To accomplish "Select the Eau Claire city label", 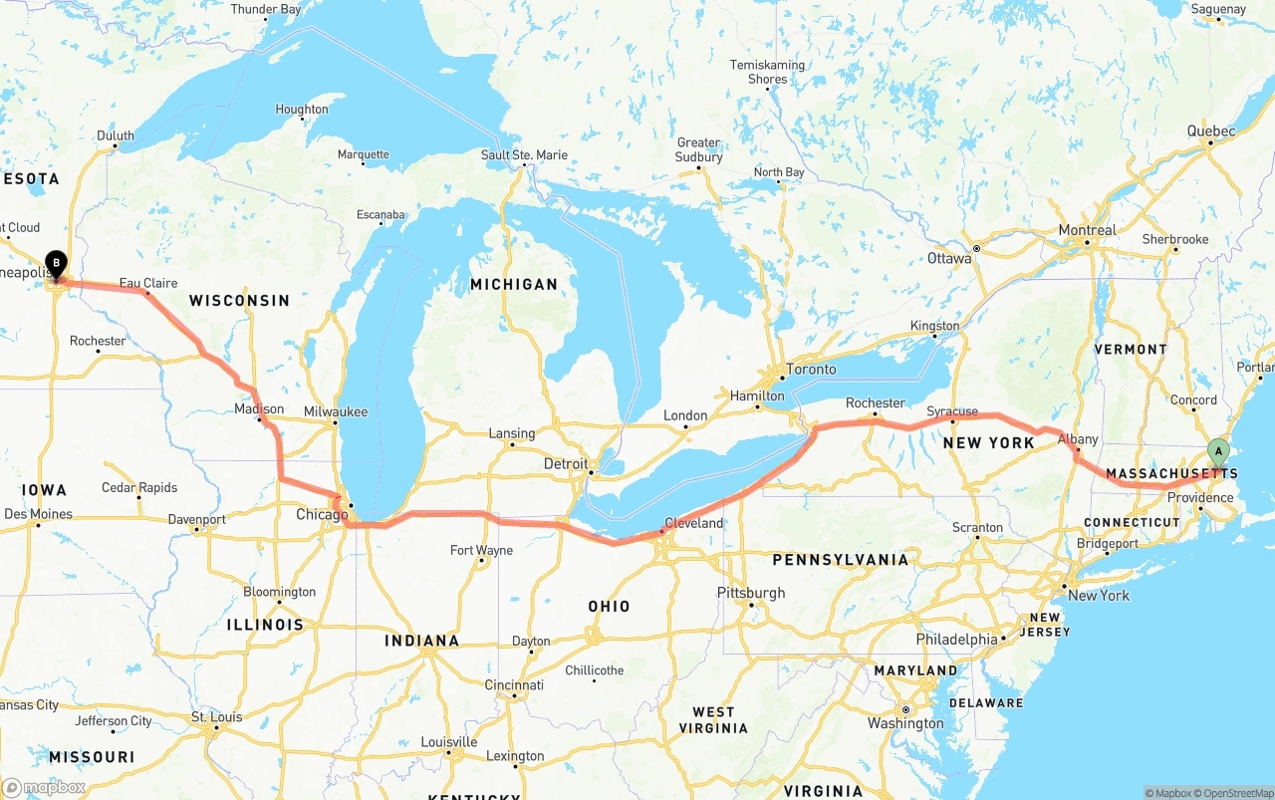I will tap(148, 283).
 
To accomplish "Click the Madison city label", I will tap(259, 408).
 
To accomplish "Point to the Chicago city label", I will tap(322, 515).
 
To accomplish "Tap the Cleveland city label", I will tap(693, 523).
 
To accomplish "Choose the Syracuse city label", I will tap(951, 411).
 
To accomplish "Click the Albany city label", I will tap(1078, 439).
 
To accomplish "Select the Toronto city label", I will tap(811, 369).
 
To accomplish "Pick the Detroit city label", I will tap(566, 464).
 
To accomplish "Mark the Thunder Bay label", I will tap(266, 9).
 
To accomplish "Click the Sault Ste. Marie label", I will tap(524, 154).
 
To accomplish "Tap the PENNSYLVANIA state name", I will tap(841, 560).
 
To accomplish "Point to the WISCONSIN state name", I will tap(239, 300).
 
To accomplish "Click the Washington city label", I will tap(905, 723).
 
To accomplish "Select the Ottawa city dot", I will tap(977, 248).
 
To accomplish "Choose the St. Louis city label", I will tap(216, 716).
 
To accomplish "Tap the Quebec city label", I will tap(1211, 131).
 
